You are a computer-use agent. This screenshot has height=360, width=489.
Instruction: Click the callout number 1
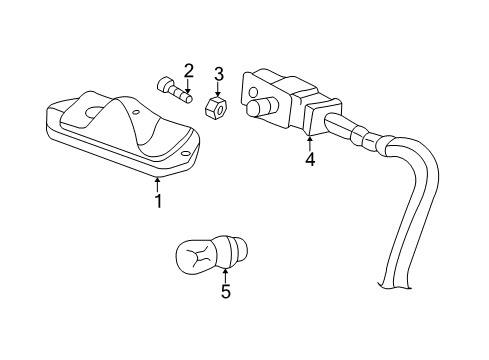(157, 202)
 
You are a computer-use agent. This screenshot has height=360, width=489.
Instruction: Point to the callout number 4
(310, 160)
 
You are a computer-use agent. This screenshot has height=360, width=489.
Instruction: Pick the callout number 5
(225, 292)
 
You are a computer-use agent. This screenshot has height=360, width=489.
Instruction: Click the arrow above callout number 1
(157, 183)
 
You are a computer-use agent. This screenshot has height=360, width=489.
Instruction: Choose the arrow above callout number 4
(310, 140)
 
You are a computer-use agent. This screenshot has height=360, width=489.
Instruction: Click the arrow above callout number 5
(225, 273)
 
